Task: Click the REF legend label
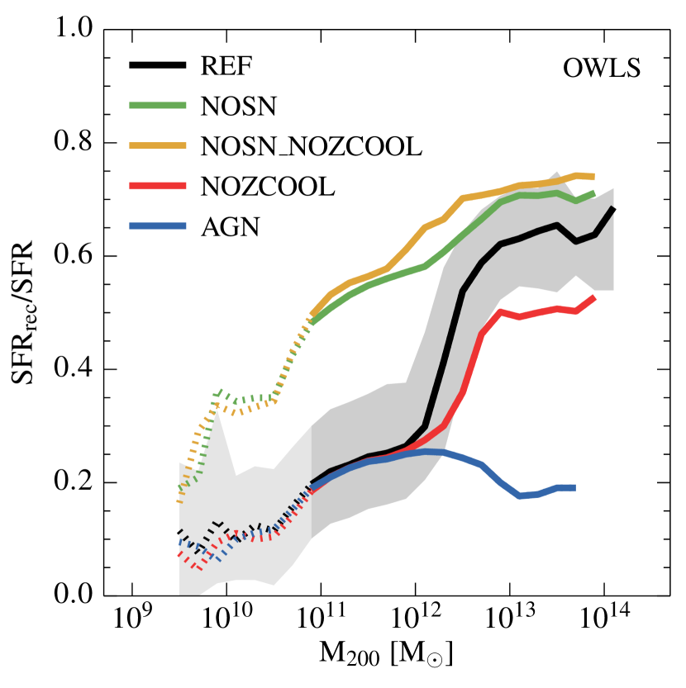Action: tap(226, 66)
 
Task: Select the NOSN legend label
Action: tap(236, 106)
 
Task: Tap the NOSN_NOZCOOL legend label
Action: tap(311, 146)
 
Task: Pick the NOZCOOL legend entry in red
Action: tap(267, 187)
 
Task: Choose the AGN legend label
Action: tap(231, 226)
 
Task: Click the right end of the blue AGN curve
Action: tap(574, 488)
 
